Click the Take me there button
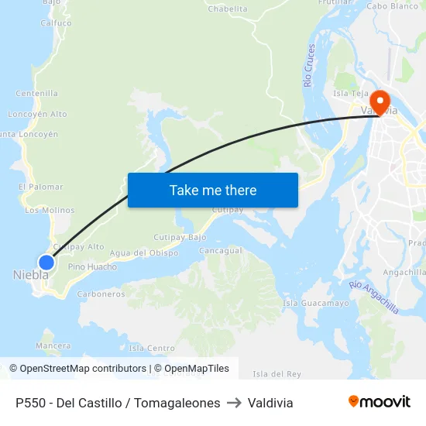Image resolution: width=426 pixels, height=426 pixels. [213, 190]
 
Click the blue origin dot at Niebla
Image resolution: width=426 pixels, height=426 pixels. [46, 263]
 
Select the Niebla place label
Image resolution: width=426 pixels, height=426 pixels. [31, 275]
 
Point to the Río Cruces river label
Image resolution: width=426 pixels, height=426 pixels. [310, 65]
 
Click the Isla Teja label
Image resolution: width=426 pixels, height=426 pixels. [349, 94]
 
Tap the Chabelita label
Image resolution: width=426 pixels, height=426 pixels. [228, 9]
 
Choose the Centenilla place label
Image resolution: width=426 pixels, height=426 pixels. [37, 94]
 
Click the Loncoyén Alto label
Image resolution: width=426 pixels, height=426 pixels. [37, 114]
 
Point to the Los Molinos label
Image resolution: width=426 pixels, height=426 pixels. [50, 210]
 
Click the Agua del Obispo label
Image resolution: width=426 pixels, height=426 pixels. [144, 253]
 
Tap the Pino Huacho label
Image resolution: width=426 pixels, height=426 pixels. [92, 267]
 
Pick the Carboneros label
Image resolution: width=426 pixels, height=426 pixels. [101, 294]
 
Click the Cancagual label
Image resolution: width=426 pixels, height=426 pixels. [221, 251]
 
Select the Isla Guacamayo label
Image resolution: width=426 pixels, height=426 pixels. [316, 303]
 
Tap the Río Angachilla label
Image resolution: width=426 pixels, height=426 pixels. [374, 297]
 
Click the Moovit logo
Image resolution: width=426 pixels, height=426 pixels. [379, 402]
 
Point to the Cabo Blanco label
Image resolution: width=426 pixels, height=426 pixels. [392, 6]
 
